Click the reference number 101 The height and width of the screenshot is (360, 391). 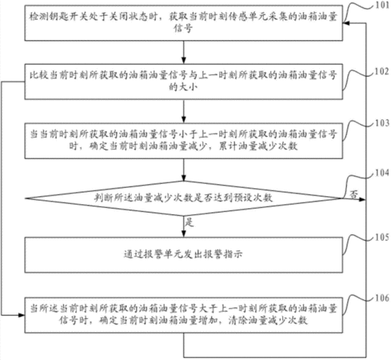pos(382,6)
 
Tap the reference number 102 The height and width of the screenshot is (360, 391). pos(382,71)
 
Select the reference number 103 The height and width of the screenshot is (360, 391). pos(382,123)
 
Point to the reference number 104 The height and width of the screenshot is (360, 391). pos(382,173)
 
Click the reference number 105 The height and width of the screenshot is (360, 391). pos(382,237)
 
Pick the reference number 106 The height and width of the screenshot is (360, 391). pos(382,298)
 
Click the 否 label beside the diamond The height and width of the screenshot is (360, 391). pos(353,194)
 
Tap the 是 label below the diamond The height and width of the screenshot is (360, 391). pos(189,222)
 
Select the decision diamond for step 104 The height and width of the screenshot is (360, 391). pos(184,198)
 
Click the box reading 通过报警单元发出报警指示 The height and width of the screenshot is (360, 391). pos(184,255)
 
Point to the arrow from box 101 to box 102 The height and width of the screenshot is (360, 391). pos(184,52)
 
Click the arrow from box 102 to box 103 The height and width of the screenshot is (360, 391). pos(184,111)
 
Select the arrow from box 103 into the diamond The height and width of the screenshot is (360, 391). pos(184,170)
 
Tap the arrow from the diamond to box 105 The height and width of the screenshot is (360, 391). pos(184,226)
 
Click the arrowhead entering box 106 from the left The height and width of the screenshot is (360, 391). pos(22,315)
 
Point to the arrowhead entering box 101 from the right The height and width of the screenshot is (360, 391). pos(346,23)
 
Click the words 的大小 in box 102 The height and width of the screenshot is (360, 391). pos(183,87)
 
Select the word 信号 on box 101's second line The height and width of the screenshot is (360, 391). pos(183,28)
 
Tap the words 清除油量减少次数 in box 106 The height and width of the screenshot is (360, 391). pos(268,320)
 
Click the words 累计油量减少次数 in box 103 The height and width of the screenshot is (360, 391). pos(258,146)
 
